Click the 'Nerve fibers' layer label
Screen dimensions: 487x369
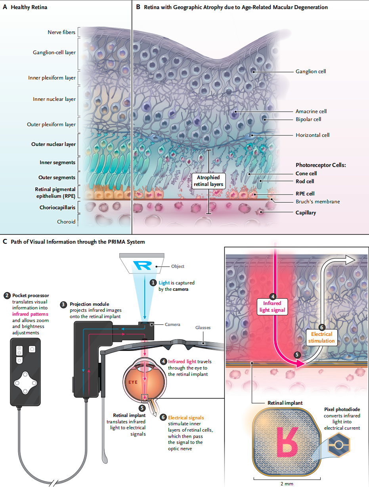tap(61, 32)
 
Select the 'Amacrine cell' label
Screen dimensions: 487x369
tap(311, 111)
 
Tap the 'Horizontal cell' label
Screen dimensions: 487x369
tap(312, 135)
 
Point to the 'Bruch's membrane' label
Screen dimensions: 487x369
tap(317, 202)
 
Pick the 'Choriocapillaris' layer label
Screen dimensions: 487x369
tap(57, 207)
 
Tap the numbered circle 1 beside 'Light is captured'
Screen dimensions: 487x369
tap(153, 283)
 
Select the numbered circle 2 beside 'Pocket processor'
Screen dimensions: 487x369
tap(7, 296)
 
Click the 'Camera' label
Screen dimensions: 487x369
tap(172, 325)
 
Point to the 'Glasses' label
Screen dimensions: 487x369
tap(203, 328)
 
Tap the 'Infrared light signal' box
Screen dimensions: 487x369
tap(272, 307)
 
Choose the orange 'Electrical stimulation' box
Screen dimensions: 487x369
tap(321, 337)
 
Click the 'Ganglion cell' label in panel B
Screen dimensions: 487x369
tap(311, 72)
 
